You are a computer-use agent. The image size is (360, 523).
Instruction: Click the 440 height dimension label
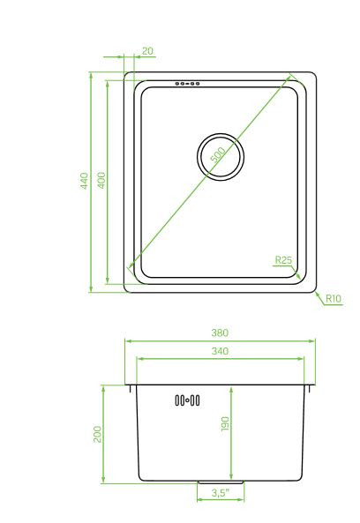pos(84,182)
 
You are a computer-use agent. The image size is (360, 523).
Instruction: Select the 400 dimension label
pos(101,180)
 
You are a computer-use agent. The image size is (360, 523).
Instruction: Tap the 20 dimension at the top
pos(146,51)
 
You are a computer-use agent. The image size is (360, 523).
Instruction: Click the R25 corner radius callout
pos(283,260)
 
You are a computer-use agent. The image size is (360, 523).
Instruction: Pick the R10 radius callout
pos(333,299)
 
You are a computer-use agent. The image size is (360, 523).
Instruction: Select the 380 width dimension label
pos(220,332)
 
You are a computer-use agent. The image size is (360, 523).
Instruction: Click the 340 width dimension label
pos(220,351)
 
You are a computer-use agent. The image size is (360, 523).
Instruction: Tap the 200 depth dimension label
pos(98,434)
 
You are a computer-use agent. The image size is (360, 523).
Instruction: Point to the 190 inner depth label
pos(226,425)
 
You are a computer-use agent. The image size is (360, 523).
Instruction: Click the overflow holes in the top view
pos(187,85)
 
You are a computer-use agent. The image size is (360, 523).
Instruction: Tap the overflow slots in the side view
pos(187,400)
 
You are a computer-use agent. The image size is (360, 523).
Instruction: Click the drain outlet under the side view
pos(207,484)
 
